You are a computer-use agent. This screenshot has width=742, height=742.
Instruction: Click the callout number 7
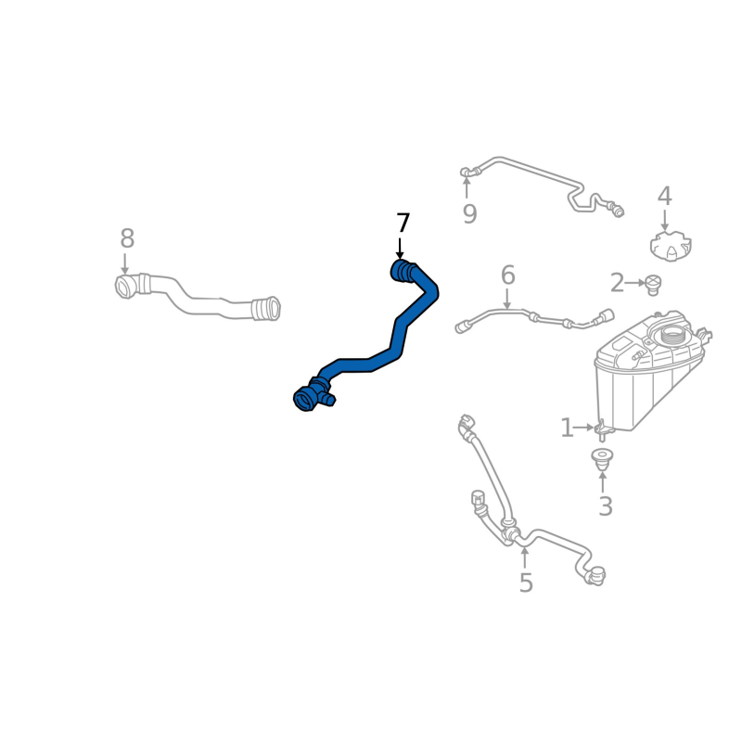point(403,224)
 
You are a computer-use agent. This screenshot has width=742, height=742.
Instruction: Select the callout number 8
point(127,239)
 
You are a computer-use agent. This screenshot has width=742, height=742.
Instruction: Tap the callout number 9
point(469,215)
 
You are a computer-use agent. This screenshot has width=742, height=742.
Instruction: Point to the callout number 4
point(664,197)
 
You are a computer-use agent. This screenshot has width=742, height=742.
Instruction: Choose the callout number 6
point(507,275)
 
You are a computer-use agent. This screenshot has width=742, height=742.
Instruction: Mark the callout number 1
point(567,428)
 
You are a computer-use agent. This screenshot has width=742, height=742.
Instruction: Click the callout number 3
point(605,506)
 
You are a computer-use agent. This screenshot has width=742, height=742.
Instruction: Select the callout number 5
point(526,583)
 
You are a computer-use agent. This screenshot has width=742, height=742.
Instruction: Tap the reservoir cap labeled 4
point(669,247)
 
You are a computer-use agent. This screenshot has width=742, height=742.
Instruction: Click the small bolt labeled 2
point(653,283)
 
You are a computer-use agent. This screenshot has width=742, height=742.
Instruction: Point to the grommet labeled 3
point(603,458)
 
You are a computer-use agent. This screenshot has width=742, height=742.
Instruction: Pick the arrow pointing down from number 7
point(401,249)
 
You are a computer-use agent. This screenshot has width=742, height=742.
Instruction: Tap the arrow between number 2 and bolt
point(636,282)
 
